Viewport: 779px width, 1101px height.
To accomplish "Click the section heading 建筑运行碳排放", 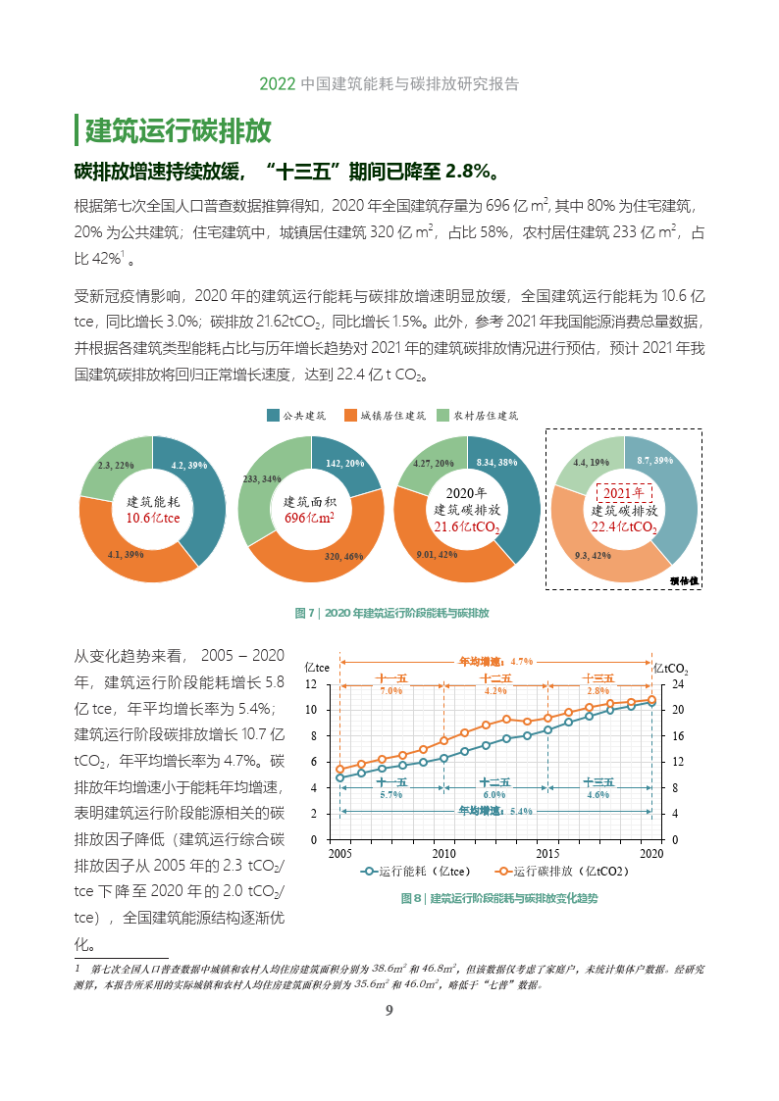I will [x=179, y=130].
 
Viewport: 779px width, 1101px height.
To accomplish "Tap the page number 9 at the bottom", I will [x=389, y=1011].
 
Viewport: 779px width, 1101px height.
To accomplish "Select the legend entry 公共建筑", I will [x=297, y=416].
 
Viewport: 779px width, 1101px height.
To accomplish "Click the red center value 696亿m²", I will [x=310, y=518].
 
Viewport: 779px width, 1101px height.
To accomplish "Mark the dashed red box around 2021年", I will [x=624, y=492].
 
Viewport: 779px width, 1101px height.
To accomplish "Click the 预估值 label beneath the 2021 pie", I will [x=684, y=580].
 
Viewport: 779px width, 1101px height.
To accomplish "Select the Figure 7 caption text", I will [x=391, y=613].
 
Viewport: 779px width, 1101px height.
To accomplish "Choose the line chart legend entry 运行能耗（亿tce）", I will [x=416, y=871].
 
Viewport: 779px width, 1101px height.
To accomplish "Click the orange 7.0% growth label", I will [x=391, y=690].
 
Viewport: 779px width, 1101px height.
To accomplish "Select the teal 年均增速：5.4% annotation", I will [x=495, y=811].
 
